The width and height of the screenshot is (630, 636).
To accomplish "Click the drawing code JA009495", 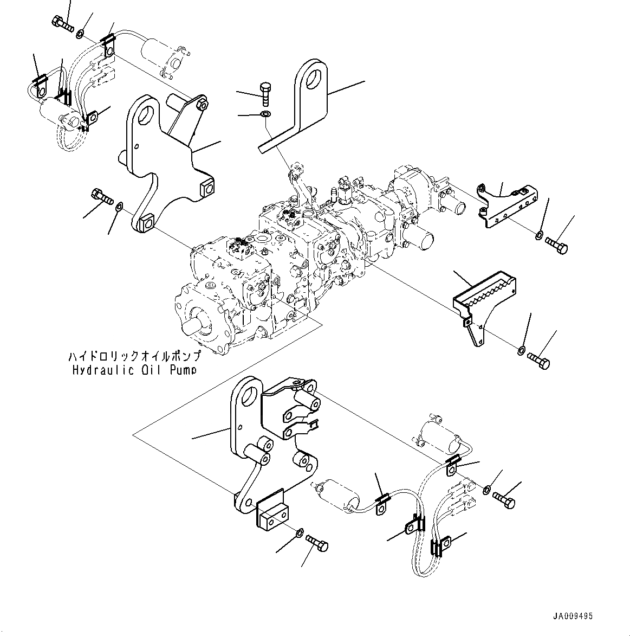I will tap(573, 616).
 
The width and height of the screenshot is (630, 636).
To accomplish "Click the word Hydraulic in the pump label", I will tap(95, 370).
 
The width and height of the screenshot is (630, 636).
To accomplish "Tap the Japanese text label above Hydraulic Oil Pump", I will tap(134, 357).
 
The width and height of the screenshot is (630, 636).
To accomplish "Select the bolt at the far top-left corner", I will tap(63, 24).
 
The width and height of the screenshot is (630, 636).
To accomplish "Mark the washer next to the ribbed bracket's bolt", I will tap(521, 350).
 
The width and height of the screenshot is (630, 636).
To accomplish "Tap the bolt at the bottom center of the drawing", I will tap(317, 542).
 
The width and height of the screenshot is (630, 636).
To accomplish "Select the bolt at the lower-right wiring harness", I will tap(504, 500).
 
